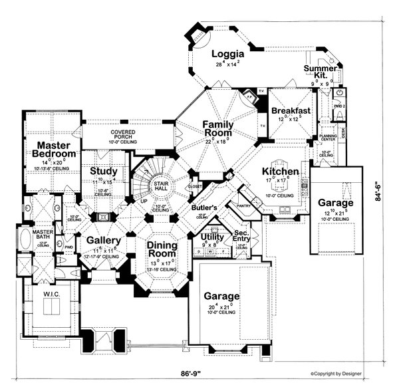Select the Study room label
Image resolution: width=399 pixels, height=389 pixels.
point(104,170)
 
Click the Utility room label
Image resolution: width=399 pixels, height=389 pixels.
point(213,237)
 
